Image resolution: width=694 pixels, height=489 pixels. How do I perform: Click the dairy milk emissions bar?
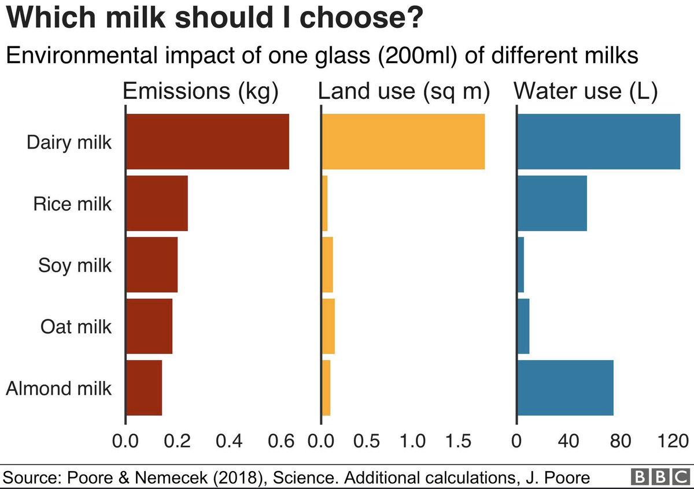coord(207,142)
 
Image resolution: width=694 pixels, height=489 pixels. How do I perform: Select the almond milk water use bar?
coord(565,387)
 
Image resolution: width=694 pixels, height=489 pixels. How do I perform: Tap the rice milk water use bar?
coord(552,203)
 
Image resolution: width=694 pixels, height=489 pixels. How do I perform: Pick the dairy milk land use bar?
coord(403,142)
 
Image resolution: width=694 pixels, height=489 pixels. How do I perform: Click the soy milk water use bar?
coord(520,265)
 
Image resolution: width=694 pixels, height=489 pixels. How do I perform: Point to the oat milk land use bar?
coord(328,326)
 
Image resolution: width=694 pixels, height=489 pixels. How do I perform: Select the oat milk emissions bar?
coord(149,326)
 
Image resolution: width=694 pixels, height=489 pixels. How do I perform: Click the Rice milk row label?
coord(72,204)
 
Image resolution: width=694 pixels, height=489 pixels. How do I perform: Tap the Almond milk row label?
coord(58,388)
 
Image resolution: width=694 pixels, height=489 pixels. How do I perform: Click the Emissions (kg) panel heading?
coord(201,92)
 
